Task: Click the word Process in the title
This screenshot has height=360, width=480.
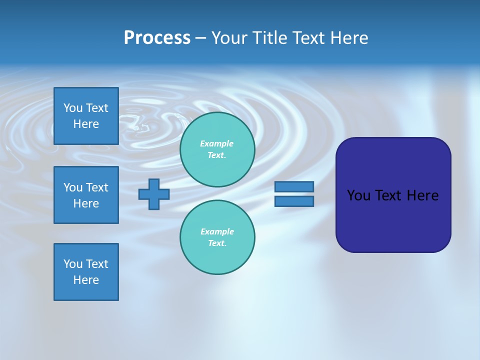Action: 157,38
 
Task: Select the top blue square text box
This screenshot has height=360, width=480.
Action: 86,116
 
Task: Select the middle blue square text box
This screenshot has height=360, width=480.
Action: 86,195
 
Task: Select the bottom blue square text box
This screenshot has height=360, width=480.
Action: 86,272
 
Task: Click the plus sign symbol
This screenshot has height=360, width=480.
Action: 154,194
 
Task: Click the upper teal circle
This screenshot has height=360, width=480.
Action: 217,149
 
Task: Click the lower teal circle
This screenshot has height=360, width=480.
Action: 217,237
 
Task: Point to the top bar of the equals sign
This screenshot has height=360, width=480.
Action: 294,186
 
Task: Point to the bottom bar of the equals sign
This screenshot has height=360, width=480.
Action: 294,201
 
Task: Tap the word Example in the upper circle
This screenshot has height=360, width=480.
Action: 216,143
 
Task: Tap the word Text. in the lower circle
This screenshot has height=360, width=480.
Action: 217,243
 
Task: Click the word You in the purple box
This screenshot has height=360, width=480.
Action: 358,195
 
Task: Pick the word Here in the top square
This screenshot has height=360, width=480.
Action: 86,124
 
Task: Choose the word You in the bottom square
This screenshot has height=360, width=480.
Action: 73,264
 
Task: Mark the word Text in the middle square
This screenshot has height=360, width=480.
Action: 97,187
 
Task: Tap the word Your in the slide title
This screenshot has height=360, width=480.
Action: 229,38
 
